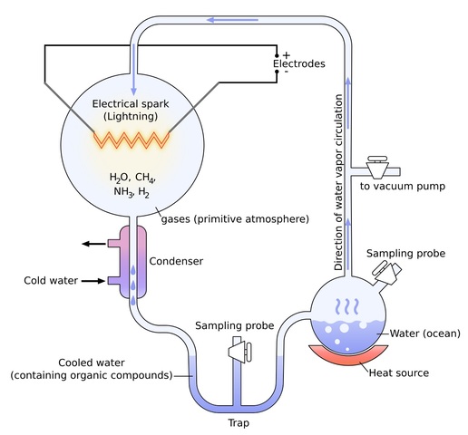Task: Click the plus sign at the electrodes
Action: click(x=286, y=54)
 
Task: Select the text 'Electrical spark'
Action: click(x=132, y=103)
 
